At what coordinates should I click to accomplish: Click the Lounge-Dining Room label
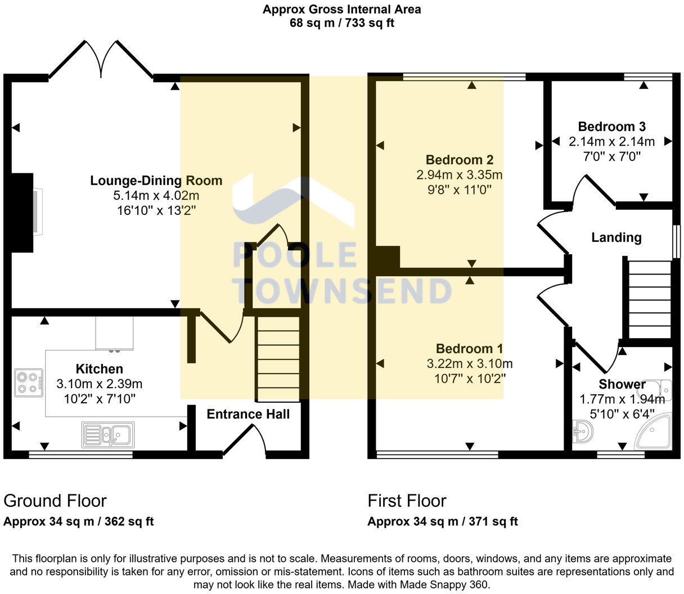tap(156, 181)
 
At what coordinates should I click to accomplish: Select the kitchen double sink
tap(108, 435)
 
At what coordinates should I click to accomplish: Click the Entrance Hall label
tap(248, 415)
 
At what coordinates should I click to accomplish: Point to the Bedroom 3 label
tap(611, 127)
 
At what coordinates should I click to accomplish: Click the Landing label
tap(616, 237)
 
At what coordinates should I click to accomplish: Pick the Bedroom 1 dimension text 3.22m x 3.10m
tap(470, 364)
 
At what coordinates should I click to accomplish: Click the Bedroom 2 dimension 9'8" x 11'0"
tap(459, 190)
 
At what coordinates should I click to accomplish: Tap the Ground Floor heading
tap(55, 501)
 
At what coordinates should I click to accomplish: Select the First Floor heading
tap(407, 501)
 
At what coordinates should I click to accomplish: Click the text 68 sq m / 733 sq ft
tap(341, 23)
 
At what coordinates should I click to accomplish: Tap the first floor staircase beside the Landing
tap(650, 298)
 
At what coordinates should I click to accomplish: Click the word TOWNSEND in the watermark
tap(343, 291)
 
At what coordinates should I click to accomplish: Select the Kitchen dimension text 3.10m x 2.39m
tap(99, 384)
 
